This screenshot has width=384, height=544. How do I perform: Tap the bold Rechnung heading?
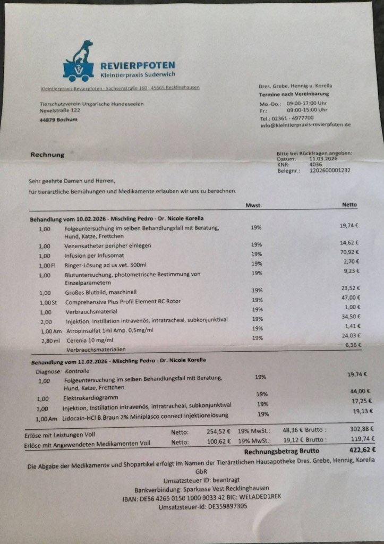47,155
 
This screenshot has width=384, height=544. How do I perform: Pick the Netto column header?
349,205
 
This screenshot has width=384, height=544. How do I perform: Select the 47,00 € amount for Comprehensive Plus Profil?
349,297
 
